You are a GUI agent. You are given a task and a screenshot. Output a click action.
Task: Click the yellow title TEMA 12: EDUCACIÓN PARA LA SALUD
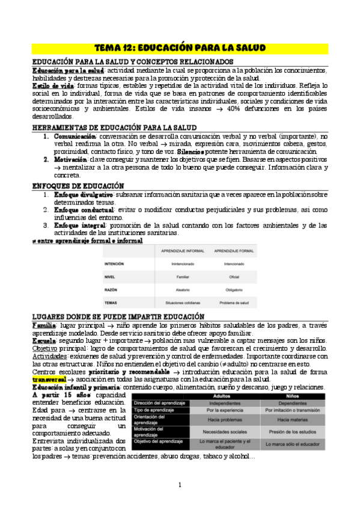point(180,48)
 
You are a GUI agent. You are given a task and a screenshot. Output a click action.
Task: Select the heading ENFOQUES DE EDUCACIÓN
point(78,186)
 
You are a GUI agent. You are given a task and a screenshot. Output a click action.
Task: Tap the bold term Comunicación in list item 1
point(77,137)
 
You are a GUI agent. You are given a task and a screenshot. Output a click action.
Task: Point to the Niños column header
point(293,396)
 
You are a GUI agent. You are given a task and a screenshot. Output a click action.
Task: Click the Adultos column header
point(222,396)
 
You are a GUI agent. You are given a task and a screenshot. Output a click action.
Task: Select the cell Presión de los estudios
point(293,431)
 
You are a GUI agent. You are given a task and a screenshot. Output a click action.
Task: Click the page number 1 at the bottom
point(180,485)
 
